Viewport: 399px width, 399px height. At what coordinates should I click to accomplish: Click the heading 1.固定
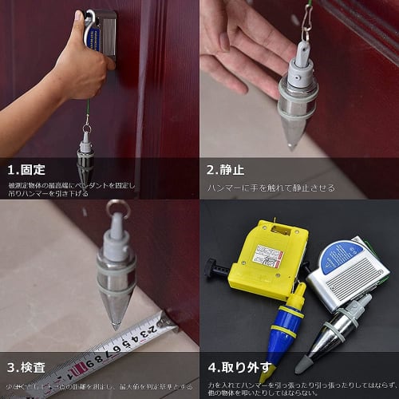(x=26, y=169)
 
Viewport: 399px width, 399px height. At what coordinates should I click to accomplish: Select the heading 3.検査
(x=26, y=369)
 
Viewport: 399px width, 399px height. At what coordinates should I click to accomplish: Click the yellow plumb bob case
(x=267, y=254)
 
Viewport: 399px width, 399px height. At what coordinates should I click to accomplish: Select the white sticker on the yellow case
(x=267, y=255)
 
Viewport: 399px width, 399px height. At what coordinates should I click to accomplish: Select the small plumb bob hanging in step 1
(x=85, y=156)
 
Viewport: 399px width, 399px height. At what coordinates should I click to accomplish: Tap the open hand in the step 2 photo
(x=239, y=40)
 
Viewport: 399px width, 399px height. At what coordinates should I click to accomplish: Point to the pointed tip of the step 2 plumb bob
(x=293, y=146)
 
